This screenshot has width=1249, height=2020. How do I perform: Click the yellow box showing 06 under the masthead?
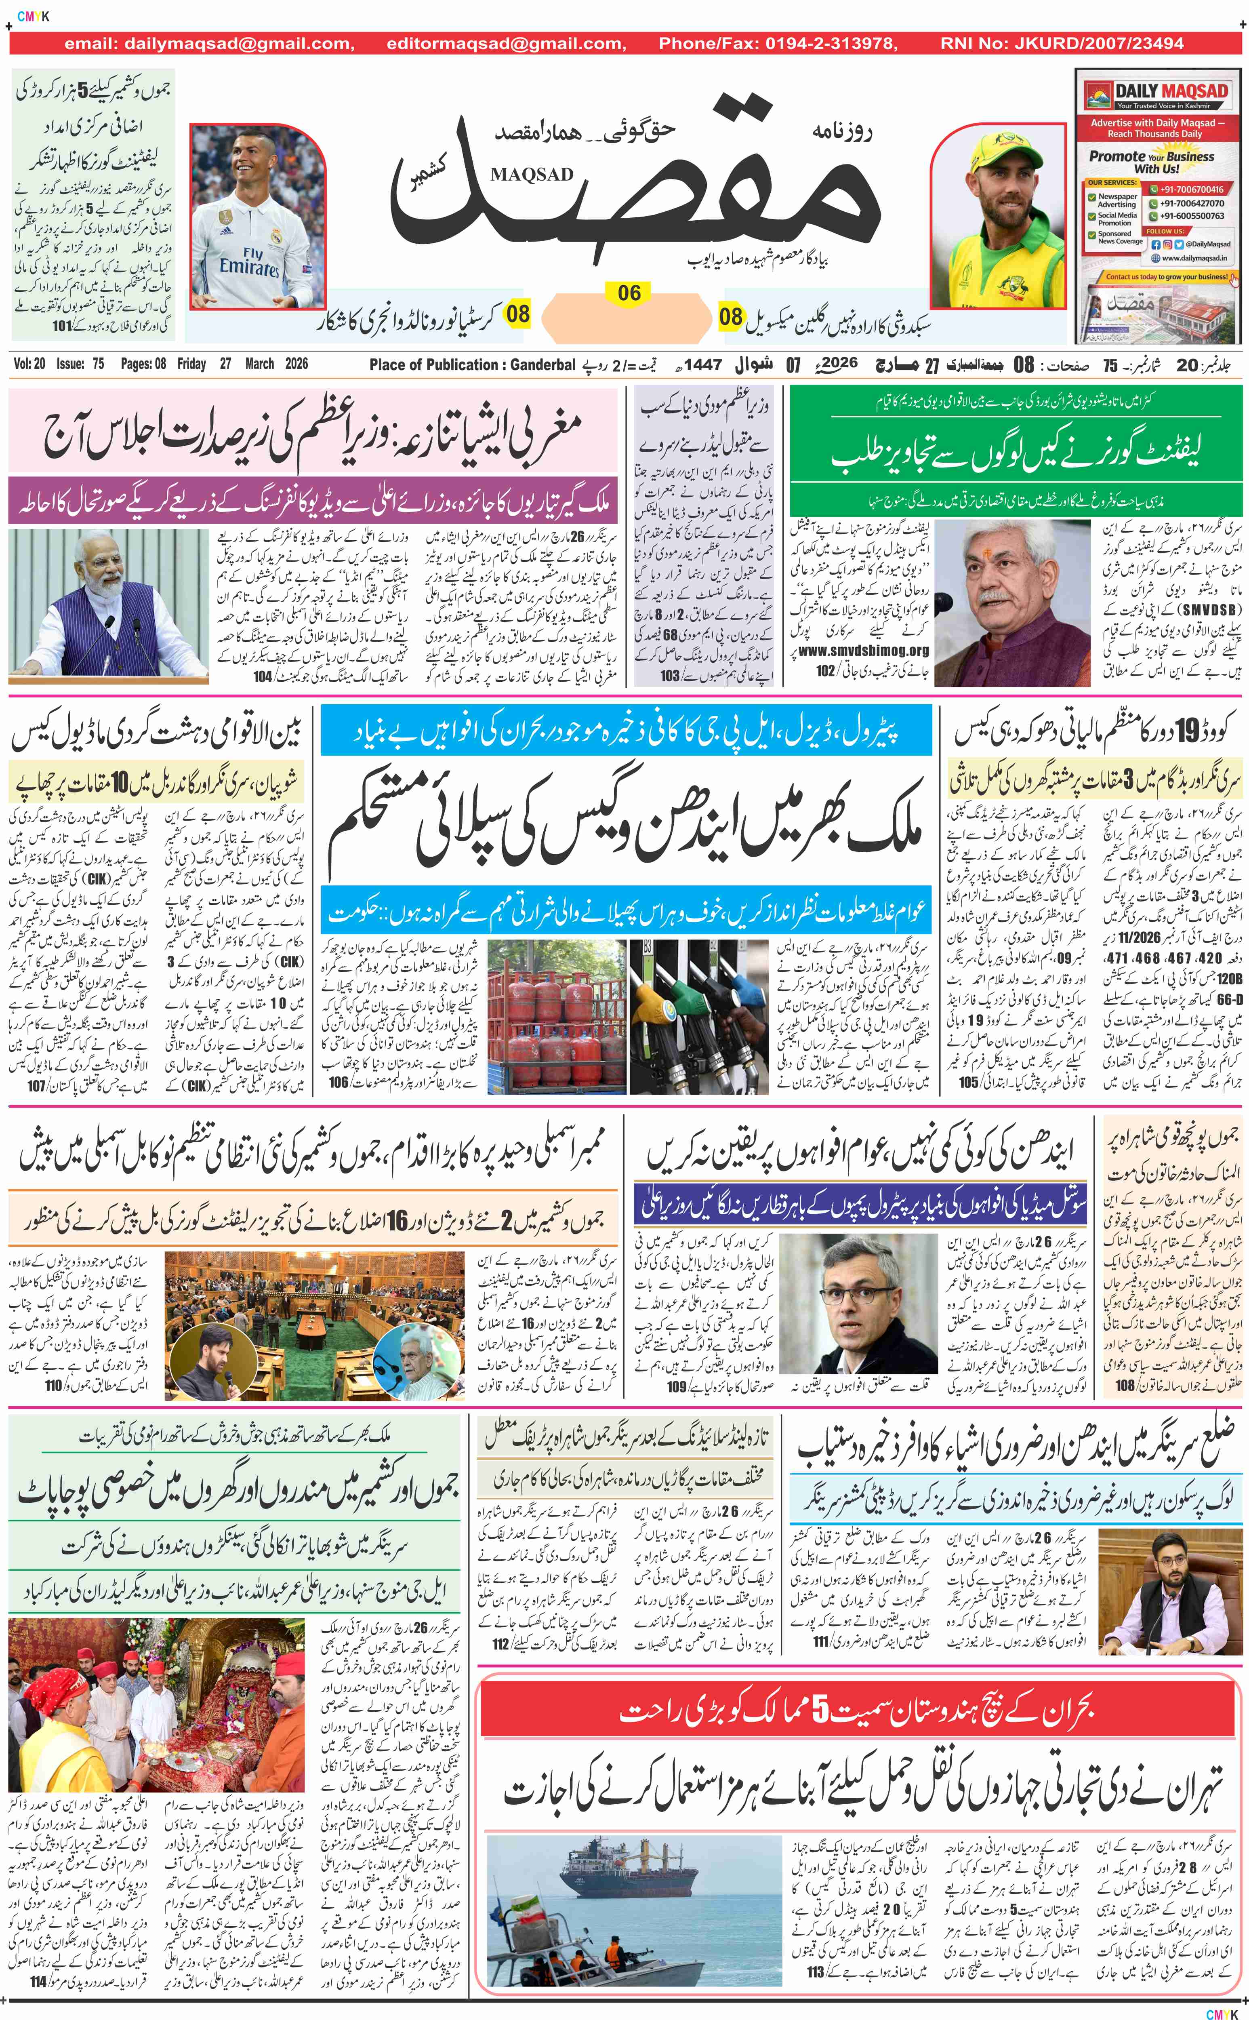tap(629, 293)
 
